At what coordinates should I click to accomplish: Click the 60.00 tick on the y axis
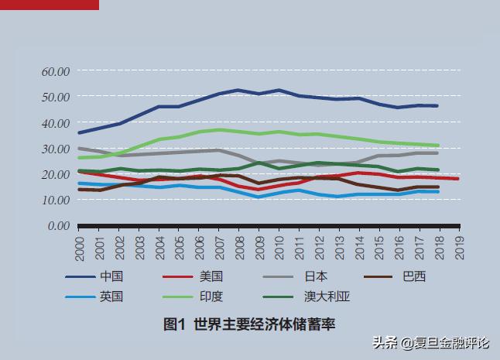(55, 71)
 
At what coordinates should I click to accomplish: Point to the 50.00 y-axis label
(55, 97)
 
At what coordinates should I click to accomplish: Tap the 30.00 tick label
(55, 149)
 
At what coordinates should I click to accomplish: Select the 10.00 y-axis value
(55, 200)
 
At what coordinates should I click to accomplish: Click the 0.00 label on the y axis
(58, 226)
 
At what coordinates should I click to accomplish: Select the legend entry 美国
(211, 276)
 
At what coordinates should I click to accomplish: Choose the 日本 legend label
(315, 276)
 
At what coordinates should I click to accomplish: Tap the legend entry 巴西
(414, 276)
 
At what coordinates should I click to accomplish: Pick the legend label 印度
(211, 297)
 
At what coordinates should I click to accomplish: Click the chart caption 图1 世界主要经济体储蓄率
(249, 324)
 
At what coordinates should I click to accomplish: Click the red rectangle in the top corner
(50, 5)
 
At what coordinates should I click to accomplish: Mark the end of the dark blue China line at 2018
(437, 105)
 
